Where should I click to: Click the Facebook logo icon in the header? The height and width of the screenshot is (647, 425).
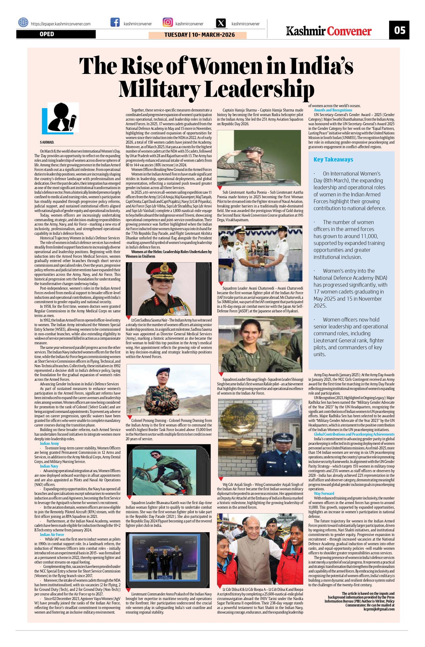[115, 22]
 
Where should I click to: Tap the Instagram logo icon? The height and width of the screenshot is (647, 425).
[168, 22]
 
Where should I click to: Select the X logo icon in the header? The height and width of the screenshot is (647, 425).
[222, 23]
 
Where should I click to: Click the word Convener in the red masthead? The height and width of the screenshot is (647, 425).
[349, 31]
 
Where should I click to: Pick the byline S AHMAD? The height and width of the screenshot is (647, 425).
[47, 142]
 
